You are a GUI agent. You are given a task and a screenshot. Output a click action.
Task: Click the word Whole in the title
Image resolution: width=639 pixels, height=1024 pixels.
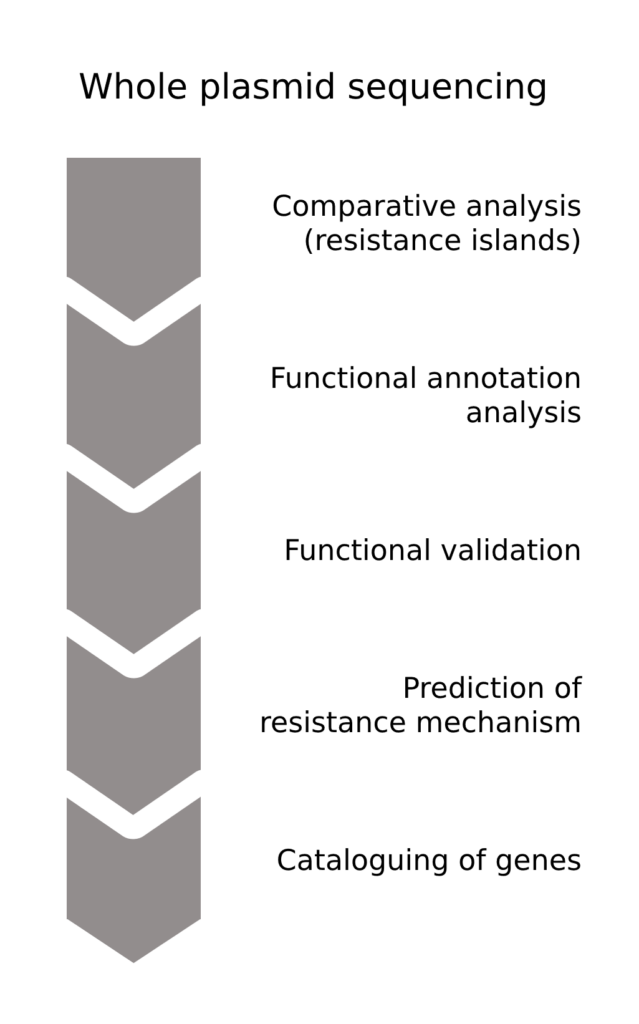coord(135,87)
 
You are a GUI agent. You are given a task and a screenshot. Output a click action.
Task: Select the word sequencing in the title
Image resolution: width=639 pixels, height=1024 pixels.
coord(448,87)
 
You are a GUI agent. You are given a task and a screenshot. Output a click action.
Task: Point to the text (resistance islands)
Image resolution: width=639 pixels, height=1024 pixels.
coord(442,241)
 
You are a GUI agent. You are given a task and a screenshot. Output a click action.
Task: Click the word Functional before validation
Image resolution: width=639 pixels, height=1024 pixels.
coord(356,551)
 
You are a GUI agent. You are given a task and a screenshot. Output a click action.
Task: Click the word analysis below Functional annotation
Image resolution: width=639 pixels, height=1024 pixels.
coord(523,413)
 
